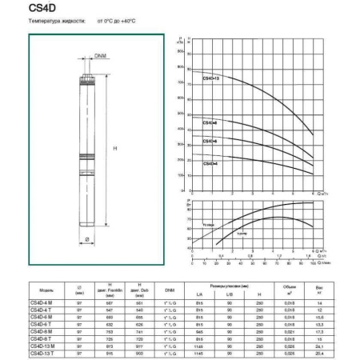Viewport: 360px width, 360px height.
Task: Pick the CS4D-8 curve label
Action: pyautogui.click(x=210, y=122)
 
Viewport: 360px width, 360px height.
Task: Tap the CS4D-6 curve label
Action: pyautogui.click(x=210, y=142)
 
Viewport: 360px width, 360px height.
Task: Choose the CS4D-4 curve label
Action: pyautogui.click(x=210, y=163)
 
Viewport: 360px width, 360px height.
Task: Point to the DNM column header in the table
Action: pyautogui.click(x=170, y=290)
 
